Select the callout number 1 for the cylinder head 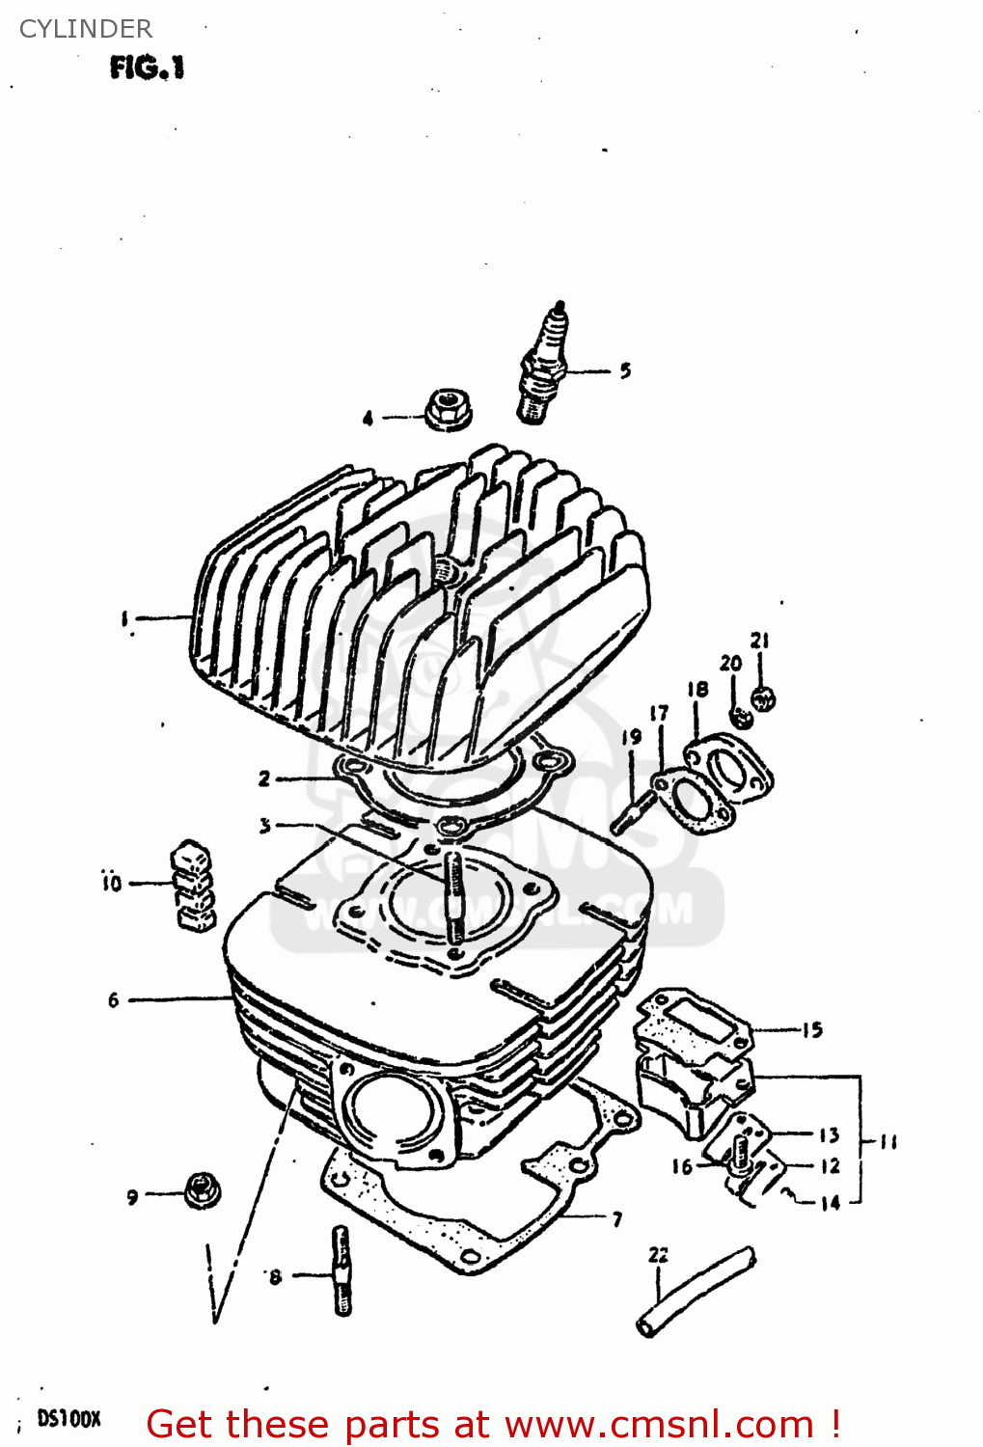124,618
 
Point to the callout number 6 114,1000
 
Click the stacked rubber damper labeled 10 192,886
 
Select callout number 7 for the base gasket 617,1219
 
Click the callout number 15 812,1030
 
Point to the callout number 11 888,1142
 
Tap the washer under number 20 741,718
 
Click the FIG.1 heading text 147,68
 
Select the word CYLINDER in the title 86,29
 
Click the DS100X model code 68,1419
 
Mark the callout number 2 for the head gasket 264,778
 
